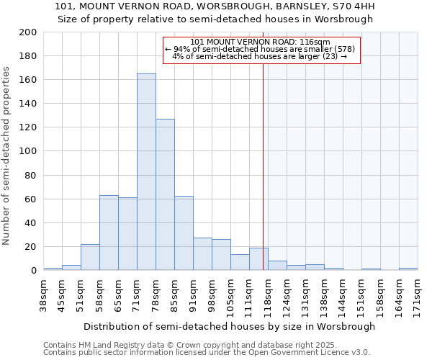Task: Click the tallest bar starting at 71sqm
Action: pyautogui.click(x=146, y=172)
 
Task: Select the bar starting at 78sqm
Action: pyautogui.click(x=165, y=194)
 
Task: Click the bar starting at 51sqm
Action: pyautogui.click(x=90, y=257)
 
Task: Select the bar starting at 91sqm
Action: pyautogui.click(x=202, y=254)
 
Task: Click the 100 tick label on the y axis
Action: pyautogui.click(x=28, y=151)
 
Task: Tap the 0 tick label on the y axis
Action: pyautogui.click(x=33, y=271)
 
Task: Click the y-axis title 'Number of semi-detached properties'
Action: pyautogui.click(x=7, y=156)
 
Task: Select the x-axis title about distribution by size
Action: pyautogui.click(x=229, y=326)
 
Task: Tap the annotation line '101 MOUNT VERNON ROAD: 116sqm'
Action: pyautogui.click(x=261, y=42)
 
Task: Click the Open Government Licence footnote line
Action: pyautogui.click(x=207, y=352)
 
